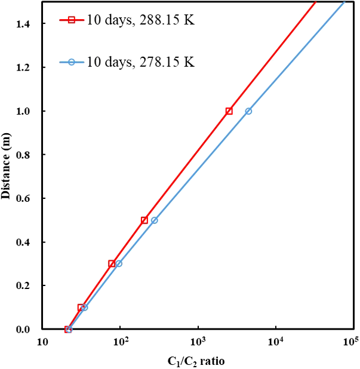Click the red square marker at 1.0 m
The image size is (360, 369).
(x=229, y=111)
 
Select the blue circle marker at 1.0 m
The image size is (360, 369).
(x=248, y=111)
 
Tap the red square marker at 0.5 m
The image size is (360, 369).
(x=144, y=220)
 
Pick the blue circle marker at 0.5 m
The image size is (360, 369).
(x=154, y=220)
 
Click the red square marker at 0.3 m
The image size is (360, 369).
(x=112, y=263)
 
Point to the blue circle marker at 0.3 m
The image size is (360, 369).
(x=118, y=263)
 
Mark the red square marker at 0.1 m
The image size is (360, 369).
(x=81, y=307)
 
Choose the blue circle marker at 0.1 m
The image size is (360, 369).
(x=84, y=307)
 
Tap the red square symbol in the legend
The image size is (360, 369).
(x=70, y=20)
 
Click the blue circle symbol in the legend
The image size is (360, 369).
(x=70, y=62)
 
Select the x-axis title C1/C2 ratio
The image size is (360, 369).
(x=196, y=361)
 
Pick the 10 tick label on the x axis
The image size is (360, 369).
(x=43, y=342)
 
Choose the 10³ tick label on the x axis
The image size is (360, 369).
(x=198, y=342)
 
